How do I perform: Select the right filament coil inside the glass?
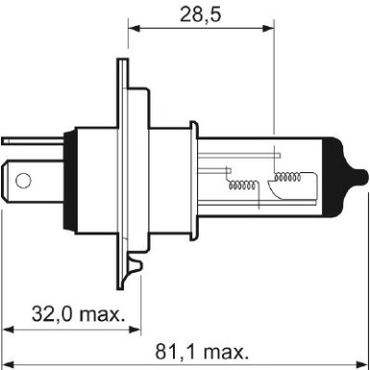tap(288, 176)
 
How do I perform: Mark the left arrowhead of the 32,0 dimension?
tap(7, 328)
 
